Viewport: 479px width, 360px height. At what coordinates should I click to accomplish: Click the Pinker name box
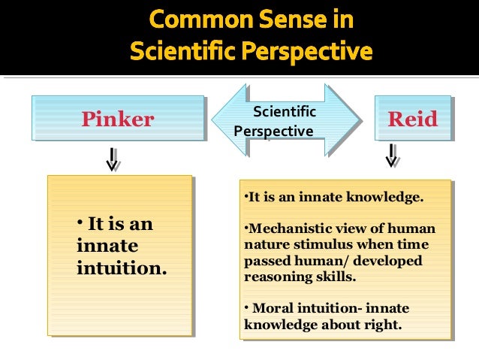tap(117, 118)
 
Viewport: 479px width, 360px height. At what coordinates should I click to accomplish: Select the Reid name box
tap(412, 118)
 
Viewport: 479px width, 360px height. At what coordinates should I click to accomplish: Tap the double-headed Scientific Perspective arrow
tap(285, 120)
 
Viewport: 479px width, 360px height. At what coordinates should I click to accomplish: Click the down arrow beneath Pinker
tap(113, 159)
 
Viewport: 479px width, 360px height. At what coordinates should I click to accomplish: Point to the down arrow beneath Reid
tap(392, 156)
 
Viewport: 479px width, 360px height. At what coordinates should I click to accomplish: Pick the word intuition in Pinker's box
tap(122, 267)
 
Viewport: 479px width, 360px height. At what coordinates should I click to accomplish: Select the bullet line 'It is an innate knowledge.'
tap(334, 198)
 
